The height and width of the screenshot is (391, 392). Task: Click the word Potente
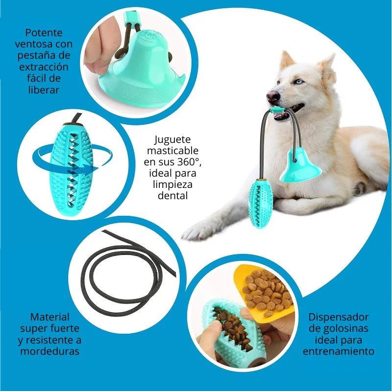pyautogui.click(x=44, y=33)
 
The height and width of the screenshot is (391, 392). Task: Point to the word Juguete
pyautogui.click(x=172, y=140)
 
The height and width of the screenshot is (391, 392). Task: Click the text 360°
pyautogui.click(x=189, y=162)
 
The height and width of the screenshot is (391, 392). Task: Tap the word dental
pyautogui.click(x=173, y=196)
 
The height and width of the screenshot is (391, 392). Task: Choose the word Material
pyautogui.click(x=50, y=317)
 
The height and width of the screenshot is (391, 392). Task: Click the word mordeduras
pyautogui.click(x=50, y=351)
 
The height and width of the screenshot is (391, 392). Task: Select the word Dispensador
pyautogui.click(x=339, y=317)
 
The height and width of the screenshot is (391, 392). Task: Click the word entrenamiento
pyautogui.click(x=339, y=351)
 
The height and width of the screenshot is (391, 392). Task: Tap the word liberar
pyautogui.click(x=44, y=90)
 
